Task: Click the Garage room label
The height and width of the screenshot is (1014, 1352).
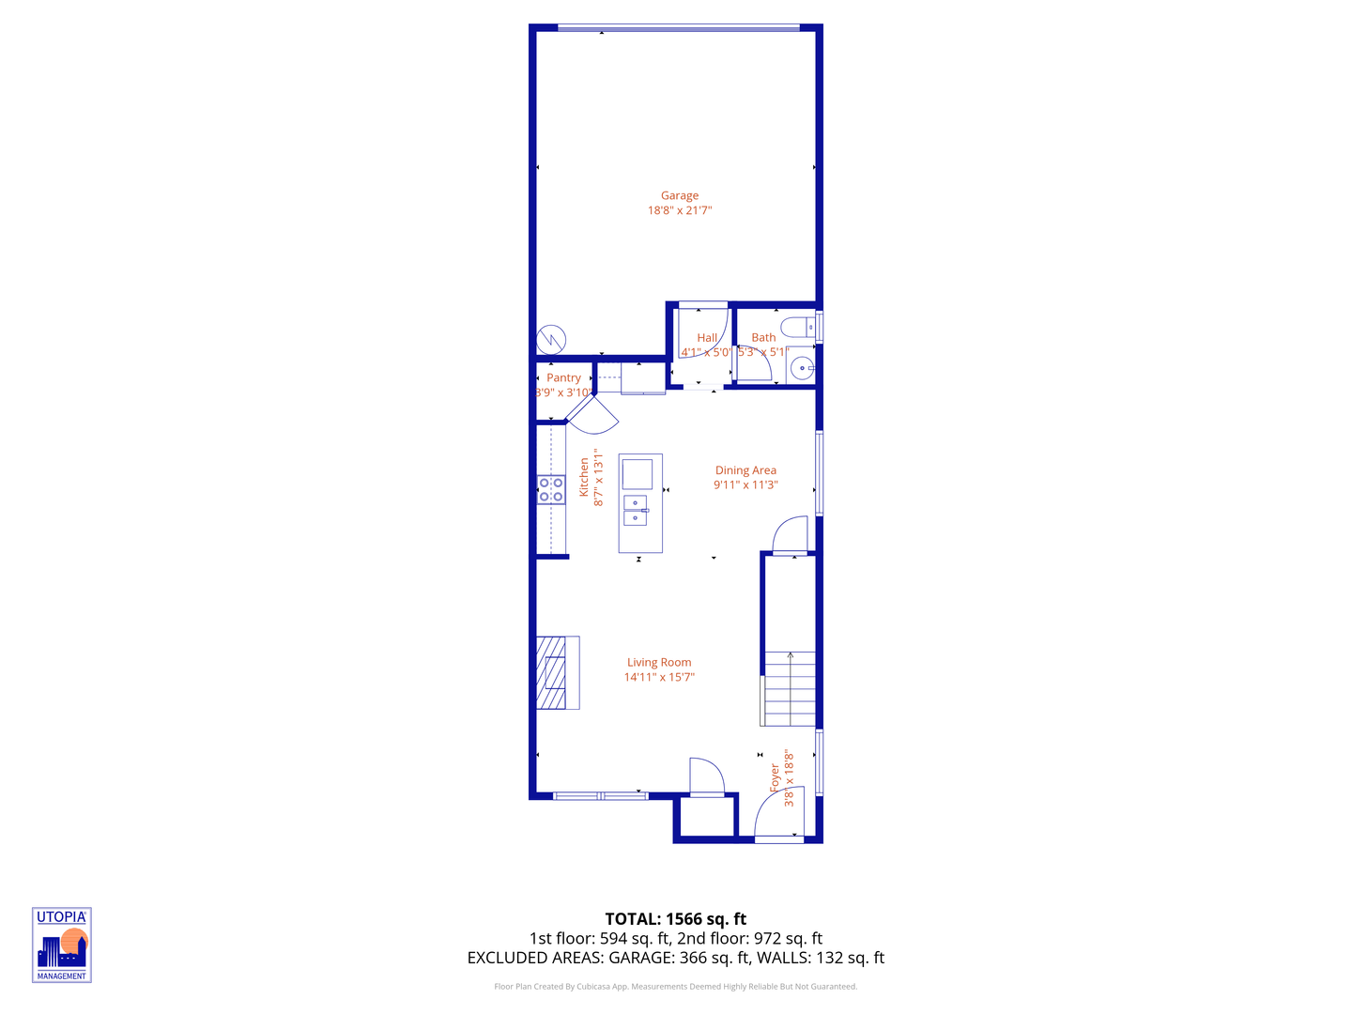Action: pos(680,196)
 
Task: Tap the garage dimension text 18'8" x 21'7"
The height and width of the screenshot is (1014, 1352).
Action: pos(680,210)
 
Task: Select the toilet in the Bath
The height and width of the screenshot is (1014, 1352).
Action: pos(798,328)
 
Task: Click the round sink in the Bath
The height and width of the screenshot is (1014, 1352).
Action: pos(802,368)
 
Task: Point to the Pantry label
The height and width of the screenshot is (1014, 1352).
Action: pos(563,377)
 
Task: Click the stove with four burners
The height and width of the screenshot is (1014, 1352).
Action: pos(551,489)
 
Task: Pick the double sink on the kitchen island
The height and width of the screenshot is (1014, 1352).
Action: pos(636,510)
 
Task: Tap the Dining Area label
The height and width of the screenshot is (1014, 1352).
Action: pos(745,470)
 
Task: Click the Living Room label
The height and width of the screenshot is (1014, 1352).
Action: pos(659,662)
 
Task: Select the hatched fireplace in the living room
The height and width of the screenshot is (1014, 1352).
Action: pos(552,672)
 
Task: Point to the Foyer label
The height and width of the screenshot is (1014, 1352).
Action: pos(776,777)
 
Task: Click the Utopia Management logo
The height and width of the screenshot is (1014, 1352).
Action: pos(62,945)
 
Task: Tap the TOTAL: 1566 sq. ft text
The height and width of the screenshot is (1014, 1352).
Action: pos(676,919)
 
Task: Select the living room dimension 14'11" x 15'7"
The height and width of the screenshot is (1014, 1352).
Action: pos(659,677)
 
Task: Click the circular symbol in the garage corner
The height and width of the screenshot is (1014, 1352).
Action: pos(551,339)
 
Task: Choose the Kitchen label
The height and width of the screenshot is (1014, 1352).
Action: pos(584,477)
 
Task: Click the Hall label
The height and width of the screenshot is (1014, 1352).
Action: pos(707,338)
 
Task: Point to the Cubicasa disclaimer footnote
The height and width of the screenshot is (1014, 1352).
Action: pos(676,987)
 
